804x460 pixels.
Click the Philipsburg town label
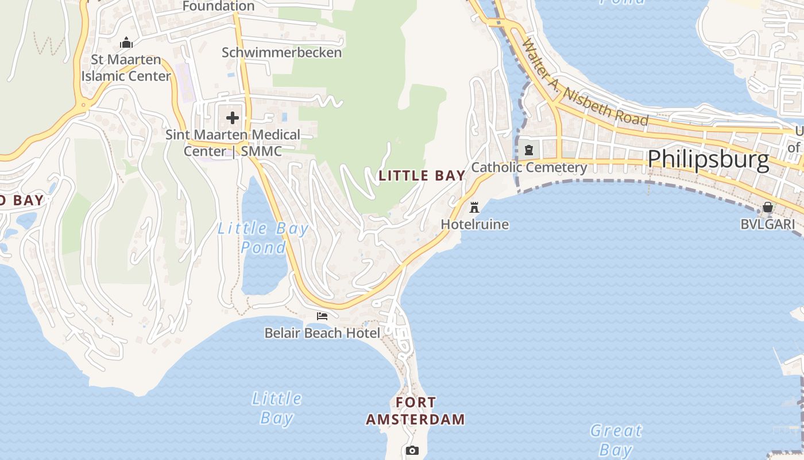[x=708, y=159]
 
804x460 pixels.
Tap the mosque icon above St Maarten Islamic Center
[x=126, y=43]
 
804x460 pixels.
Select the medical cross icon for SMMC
[x=233, y=118]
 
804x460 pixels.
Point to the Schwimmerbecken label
[x=281, y=52]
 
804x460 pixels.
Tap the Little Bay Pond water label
[x=263, y=237]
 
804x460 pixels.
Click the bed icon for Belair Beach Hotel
[x=322, y=316]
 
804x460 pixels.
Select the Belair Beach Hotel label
[x=322, y=333]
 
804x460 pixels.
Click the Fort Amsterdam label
[x=415, y=411]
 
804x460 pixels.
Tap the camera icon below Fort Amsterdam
[x=412, y=450]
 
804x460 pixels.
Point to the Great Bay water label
[x=616, y=440]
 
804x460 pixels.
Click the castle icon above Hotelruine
[x=474, y=207]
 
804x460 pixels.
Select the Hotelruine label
[x=474, y=224]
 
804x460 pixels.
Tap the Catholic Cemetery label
[x=529, y=167]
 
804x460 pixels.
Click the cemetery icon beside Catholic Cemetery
[x=528, y=150]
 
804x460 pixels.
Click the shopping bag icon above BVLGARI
[x=767, y=207]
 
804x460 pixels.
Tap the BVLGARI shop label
[x=767, y=224]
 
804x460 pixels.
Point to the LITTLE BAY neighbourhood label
[x=422, y=176]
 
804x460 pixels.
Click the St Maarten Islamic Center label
[x=126, y=68]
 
